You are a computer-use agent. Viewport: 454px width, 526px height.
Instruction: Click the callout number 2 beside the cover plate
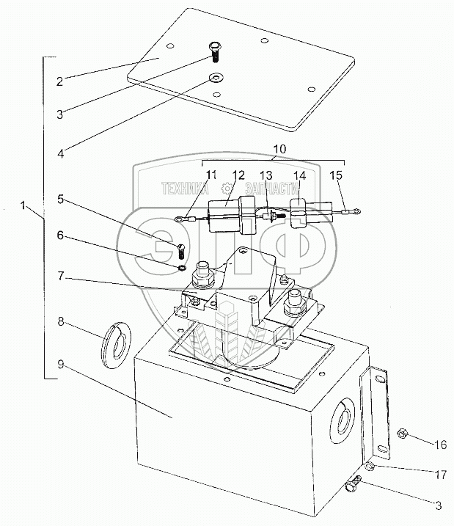[59, 81]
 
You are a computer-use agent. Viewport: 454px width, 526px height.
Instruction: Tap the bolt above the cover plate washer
[213, 52]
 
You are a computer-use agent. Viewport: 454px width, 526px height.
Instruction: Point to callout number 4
[61, 153]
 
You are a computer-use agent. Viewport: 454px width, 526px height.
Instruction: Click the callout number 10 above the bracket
[280, 149]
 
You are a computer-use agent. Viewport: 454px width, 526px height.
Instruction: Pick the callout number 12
[239, 175]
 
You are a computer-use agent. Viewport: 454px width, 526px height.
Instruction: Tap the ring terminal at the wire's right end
[357, 211]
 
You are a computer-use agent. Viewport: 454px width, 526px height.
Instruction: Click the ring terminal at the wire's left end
[179, 219]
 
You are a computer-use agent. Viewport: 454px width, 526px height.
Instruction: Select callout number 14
[300, 175]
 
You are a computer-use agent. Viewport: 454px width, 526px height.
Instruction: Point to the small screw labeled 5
[181, 251]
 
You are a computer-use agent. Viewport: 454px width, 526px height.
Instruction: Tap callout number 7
[60, 276]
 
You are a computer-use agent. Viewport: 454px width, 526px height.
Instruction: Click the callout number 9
[61, 364]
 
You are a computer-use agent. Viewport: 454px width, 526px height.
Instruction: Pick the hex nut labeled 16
[402, 434]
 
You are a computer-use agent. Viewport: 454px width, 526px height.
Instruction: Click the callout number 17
[441, 475]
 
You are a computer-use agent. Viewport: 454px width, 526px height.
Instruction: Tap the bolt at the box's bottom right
[353, 483]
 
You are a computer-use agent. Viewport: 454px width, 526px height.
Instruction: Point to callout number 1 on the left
[23, 205]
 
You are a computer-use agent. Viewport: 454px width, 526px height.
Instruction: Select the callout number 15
[336, 175]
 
